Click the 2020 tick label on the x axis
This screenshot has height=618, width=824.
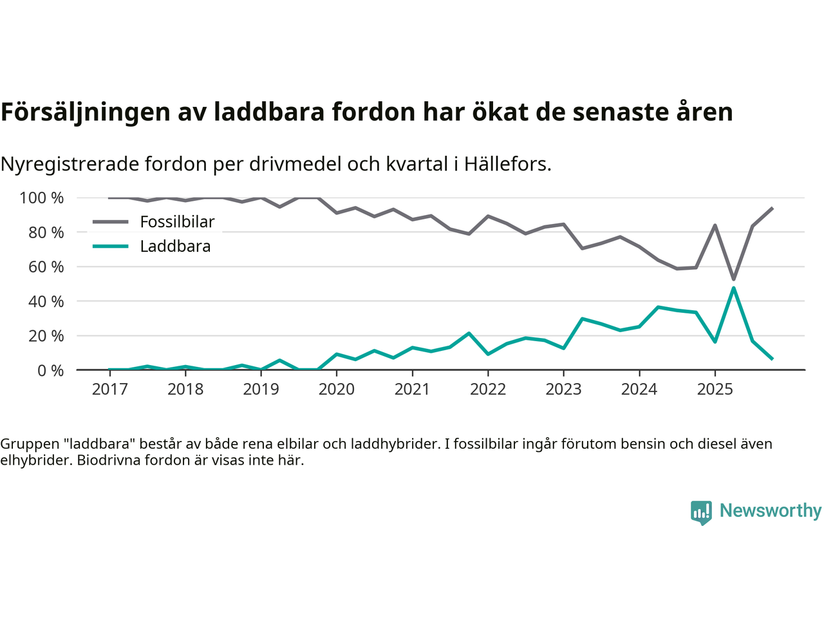337,389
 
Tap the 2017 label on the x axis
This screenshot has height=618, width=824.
110,389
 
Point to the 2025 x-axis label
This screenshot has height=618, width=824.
715,389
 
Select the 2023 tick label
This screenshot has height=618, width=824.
563,389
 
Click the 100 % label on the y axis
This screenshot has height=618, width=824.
42,198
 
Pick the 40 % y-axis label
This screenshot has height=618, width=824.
46,301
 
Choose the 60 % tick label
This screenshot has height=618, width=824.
46,267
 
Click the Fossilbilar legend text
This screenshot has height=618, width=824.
177,222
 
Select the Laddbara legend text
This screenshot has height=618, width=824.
175,247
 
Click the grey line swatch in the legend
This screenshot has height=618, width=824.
111,222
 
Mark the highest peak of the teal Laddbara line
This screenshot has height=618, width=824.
733,288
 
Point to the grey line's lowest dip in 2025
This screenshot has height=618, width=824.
733,279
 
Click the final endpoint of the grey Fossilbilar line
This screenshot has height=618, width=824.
772,209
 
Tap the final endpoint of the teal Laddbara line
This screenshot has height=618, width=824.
772,359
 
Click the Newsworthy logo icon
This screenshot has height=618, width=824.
701,512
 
